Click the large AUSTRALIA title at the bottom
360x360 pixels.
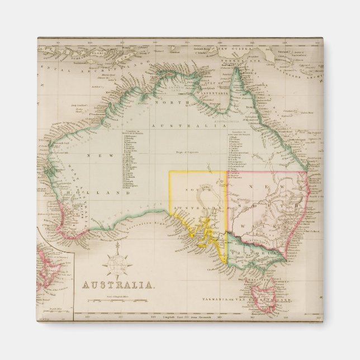coord(119,285)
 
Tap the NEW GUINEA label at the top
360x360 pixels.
coord(238,49)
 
